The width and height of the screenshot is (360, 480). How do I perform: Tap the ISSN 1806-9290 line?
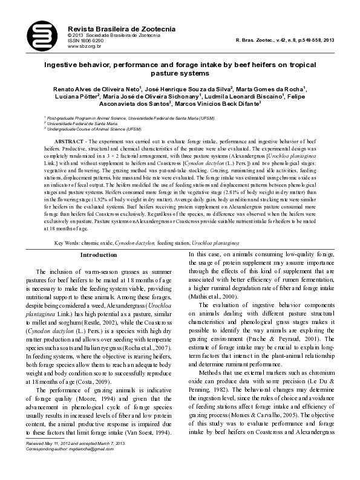85,41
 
